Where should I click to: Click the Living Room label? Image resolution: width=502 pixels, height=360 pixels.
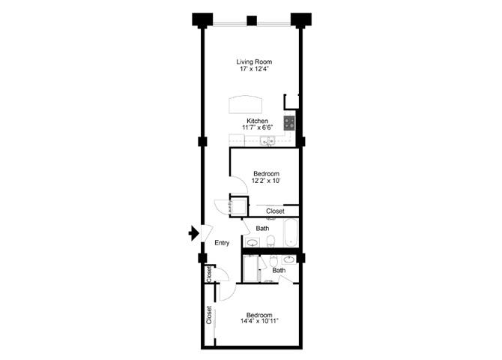(253, 61)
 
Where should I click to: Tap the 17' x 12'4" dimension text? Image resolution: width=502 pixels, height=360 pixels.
(253, 70)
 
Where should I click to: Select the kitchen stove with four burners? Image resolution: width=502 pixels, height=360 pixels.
(289, 121)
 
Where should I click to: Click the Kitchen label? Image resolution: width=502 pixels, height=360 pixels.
(257, 121)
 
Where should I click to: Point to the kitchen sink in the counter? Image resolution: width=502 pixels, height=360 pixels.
(273, 140)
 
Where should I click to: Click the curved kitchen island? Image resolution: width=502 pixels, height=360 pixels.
(247, 103)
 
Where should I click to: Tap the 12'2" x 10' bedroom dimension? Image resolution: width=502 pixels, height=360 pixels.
(266, 181)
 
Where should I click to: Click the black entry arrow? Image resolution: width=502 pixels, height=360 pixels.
(193, 234)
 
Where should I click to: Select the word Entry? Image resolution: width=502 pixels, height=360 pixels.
(222, 242)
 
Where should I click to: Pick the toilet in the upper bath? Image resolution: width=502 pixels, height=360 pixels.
(271, 241)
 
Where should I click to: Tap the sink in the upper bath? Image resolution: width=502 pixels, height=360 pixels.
(252, 241)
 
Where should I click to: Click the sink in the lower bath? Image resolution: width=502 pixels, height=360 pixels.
(288, 259)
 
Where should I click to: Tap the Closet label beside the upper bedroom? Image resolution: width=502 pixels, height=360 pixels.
(275, 211)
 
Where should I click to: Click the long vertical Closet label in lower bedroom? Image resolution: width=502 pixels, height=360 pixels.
(209, 315)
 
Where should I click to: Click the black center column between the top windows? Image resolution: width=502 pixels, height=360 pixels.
(252, 20)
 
